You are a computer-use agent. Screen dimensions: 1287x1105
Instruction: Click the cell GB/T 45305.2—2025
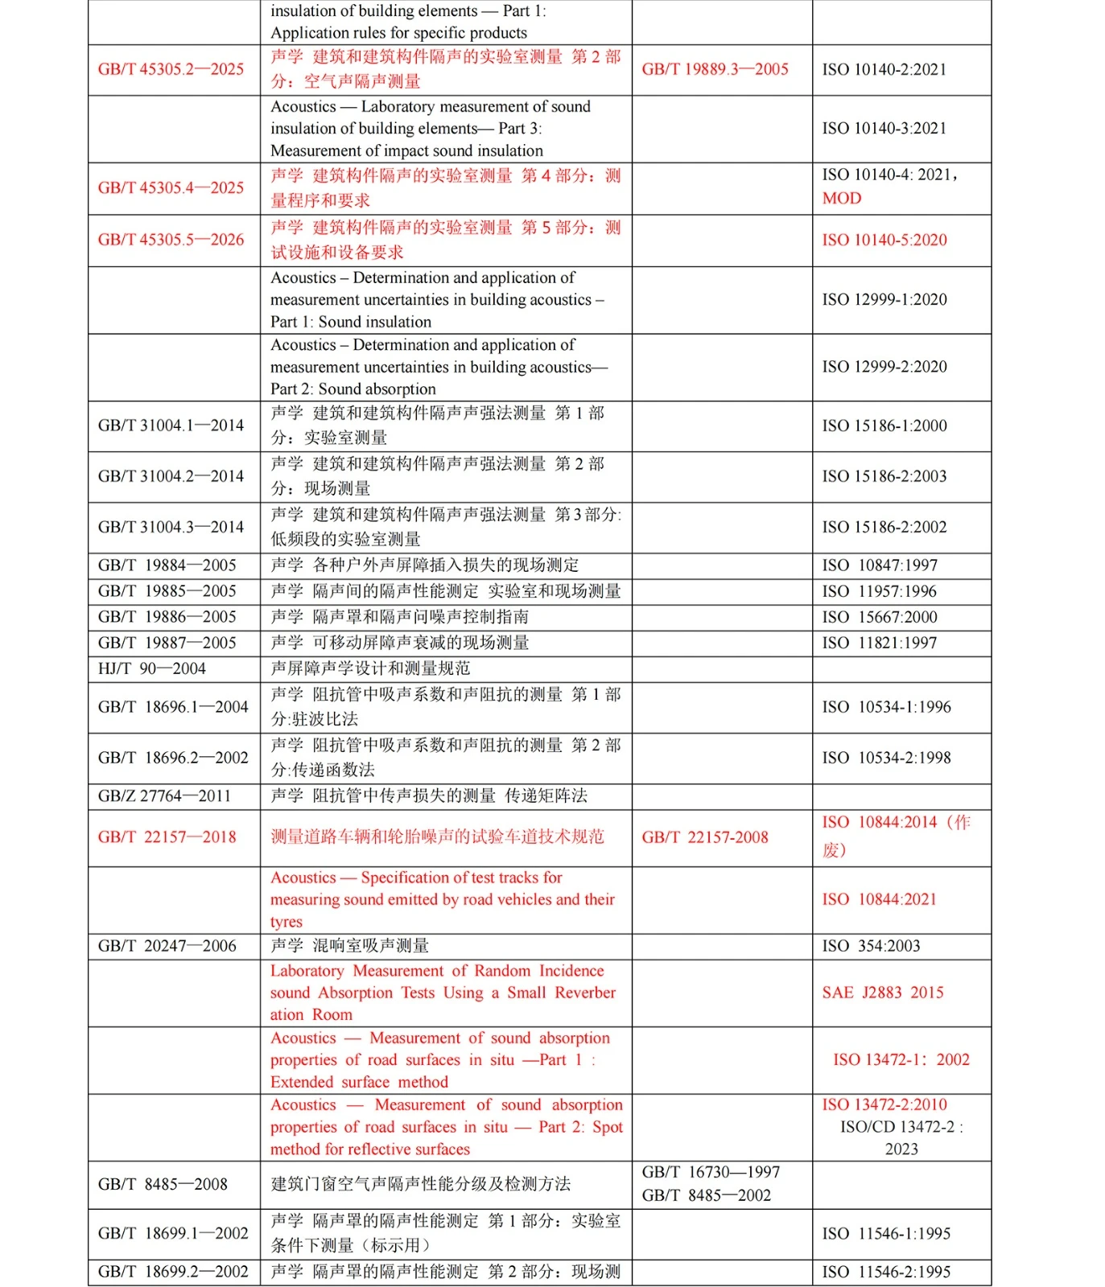pos(171,69)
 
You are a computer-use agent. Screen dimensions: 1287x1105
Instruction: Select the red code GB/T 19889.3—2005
pos(715,69)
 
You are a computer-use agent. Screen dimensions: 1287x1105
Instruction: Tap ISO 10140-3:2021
pos(884,128)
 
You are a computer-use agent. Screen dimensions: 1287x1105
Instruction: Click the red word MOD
pos(842,199)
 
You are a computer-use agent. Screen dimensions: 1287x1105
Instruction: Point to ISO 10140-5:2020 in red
pos(884,240)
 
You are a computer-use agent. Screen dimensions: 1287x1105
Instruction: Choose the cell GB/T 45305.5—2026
pos(171,240)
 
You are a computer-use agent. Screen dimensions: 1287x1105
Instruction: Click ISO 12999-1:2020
pos(884,299)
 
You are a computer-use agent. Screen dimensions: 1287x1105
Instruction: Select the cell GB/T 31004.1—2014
pos(171,426)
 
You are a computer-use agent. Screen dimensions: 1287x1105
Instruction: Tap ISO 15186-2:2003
pos(884,476)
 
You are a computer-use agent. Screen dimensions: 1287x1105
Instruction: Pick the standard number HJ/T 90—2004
pos(151,668)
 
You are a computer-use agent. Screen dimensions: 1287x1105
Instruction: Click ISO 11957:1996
pos(879,591)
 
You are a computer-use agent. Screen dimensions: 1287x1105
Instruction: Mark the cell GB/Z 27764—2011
pos(164,796)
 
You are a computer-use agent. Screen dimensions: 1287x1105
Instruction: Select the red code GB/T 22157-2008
pos(704,837)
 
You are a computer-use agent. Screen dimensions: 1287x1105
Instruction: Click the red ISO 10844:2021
pos(879,899)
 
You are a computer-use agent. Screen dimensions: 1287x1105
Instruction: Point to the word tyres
pos(287,922)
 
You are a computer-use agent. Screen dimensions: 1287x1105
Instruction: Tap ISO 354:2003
pos(871,946)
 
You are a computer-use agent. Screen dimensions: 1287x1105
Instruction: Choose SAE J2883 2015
pos(882,993)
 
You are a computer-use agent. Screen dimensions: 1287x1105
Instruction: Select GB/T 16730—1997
pos(711,1173)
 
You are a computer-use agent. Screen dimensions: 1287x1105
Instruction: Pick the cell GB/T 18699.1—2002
pos(172,1233)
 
